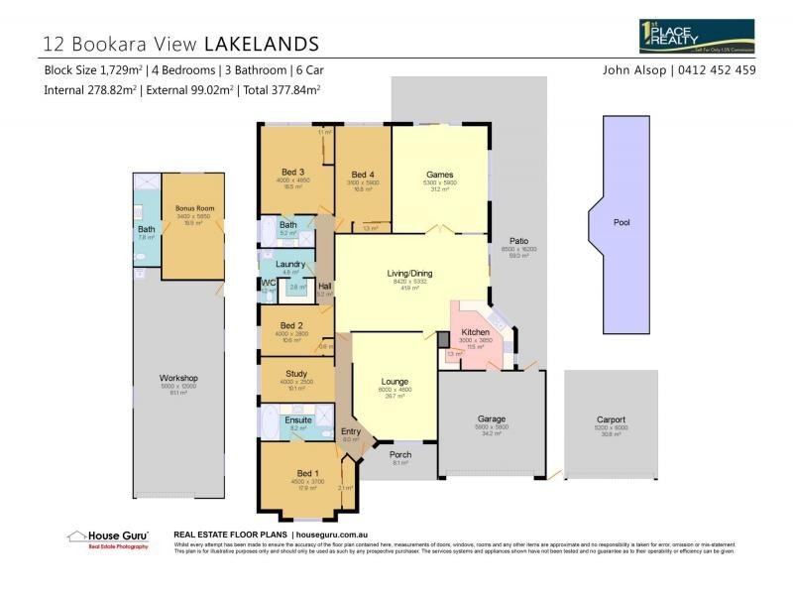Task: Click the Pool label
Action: coord(622,223)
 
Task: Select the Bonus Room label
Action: coord(193,209)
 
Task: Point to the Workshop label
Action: coord(179,378)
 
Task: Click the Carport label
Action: coord(611,418)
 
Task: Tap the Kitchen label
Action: coord(476,332)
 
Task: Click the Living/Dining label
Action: coord(409,274)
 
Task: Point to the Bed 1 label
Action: coord(307,473)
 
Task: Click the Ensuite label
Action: coord(298,419)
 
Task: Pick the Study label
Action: coord(296,374)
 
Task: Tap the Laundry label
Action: coord(290,264)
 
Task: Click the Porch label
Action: coord(399,454)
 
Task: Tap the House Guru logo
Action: coord(110,538)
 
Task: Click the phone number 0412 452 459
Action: coord(715,70)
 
